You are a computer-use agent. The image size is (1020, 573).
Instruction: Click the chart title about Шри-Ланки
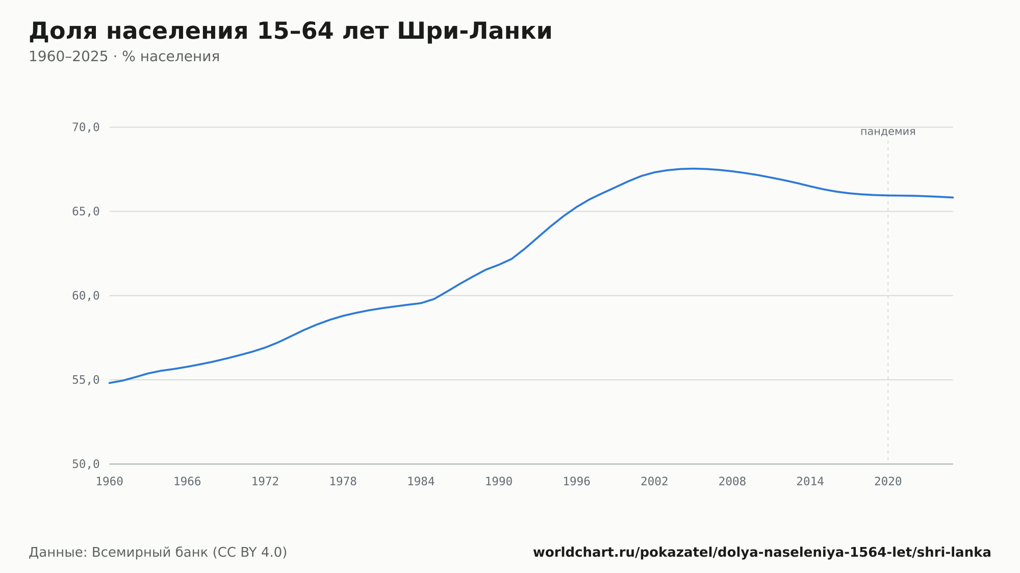(290, 31)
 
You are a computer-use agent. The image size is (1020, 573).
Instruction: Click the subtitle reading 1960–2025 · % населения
(124, 57)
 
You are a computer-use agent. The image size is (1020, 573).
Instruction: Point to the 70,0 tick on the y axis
(86, 127)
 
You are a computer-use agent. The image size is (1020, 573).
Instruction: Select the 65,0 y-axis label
(86, 212)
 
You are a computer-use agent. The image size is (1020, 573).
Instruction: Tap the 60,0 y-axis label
(86, 296)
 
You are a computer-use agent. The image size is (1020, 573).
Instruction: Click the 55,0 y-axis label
(86, 380)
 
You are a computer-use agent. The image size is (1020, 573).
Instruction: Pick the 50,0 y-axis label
(86, 464)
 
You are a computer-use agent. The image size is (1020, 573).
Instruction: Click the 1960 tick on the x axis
(110, 482)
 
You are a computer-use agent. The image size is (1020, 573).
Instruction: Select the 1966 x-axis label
(187, 482)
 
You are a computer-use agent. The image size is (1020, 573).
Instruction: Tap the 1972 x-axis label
(265, 482)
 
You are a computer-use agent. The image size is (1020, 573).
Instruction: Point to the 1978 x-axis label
(343, 482)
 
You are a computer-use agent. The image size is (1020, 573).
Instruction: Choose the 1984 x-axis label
(421, 482)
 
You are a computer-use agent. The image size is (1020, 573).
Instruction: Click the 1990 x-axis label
(499, 482)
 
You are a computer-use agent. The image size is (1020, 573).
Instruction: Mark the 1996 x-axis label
(576, 482)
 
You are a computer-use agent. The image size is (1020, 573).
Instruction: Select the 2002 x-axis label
(654, 482)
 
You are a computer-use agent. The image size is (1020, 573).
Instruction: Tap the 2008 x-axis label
(732, 482)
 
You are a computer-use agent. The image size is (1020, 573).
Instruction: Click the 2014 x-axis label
(810, 482)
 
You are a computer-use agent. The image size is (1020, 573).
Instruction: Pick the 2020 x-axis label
(888, 482)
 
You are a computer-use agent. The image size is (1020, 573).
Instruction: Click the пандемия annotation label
(888, 132)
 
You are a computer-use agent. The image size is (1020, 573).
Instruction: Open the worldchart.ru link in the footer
(762, 553)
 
